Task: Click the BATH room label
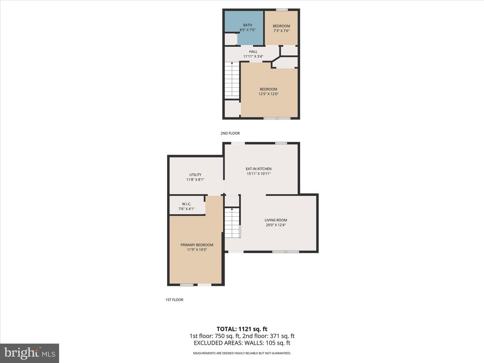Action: pyautogui.click(x=247, y=25)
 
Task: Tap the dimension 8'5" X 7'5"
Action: pyautogui.click(x=247, y=30)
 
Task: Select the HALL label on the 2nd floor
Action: pyautogui.click(x=253, y=51)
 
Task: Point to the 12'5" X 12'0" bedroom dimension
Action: pyautogui.click(x=268, y=94)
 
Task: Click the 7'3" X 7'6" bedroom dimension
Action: pyautogui.click(x=281, y=31)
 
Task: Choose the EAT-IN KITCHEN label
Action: pyautogui.click(x=259, y=169)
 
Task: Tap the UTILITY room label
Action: pyautogui.click(x=195, y=175)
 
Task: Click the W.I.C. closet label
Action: pyautogui.click(x=187, y=204)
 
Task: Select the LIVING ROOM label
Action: pyautogui.click(x=276, y=220)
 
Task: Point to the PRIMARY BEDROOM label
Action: pyautogui.click(x=197, y=245)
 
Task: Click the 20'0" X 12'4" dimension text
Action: pyautogui.click(x=276, y=225)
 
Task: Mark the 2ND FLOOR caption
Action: pyautogui.click(x=230, y=133)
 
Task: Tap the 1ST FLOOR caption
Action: pyautogui.click(x=174, y=300)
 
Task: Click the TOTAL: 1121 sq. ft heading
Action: pyautogui.click(x=242, y=329)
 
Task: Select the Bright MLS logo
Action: pyautogui.click(x=30, y=353)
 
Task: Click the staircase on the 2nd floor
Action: pyautogui.click(x=232, y=80)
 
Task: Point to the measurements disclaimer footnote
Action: pyautogui.click(x=242, y=353)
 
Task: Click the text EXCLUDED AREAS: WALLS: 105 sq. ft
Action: pyautogui.click(x=242, y=343)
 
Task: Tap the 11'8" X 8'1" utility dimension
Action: pyautogui.click(x=195, y=179)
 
